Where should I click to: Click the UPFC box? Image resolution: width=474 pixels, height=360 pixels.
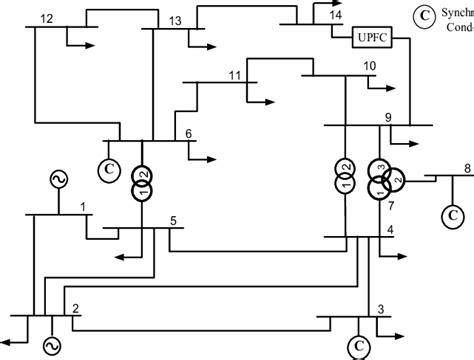click(372, 39)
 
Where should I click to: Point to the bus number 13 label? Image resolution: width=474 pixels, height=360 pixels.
click(175, 20)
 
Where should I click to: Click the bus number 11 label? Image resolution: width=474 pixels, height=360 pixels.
click(234, 75)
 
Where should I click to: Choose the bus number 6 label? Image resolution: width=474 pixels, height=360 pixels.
click(189, 136)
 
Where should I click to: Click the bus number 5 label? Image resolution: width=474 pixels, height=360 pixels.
click(173, 220)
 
